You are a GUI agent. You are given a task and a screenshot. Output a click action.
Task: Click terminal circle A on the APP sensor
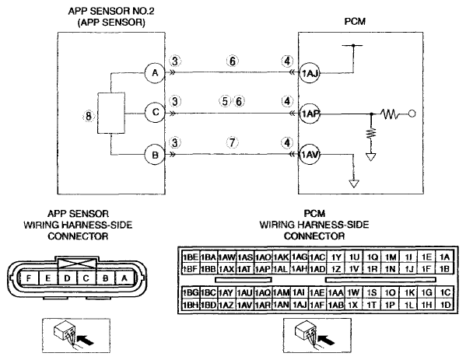[x=155, y=73]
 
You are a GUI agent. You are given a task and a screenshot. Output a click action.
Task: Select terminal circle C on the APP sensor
[x=155, y=113]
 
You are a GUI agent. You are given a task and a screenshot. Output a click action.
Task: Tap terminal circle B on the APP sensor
[x=155, y=155]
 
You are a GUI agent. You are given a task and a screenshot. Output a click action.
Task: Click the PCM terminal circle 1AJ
[x=310, y=73]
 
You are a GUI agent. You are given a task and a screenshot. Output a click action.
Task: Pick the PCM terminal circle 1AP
[x=310, y=114]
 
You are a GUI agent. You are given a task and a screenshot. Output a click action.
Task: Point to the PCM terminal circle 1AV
[x=310, y=155]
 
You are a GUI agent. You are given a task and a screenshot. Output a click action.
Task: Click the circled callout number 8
[x=88, y=116]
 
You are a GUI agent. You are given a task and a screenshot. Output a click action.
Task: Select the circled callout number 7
[x=232, y=142]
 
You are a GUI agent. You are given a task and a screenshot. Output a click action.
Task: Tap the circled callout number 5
[x=226, y=101]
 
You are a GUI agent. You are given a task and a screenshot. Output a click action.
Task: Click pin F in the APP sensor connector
[x=29, y=278]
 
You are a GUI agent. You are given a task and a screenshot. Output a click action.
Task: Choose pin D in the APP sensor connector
[x=68, y=278]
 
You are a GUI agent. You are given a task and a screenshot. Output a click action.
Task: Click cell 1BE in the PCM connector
[x=190, y=257]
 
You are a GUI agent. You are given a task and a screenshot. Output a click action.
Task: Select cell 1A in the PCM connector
[x=444, y=257]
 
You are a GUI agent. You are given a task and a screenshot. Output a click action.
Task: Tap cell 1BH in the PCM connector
[x=190, y=305]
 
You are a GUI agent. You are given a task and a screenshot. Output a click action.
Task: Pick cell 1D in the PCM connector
[x=446, y=305]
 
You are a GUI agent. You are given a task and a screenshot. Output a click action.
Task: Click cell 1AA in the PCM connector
[x=335, y=293]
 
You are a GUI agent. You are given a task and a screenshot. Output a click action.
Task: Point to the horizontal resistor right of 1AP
[x=391, y=114]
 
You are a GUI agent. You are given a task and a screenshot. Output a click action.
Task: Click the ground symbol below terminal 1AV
[x=354, y=183]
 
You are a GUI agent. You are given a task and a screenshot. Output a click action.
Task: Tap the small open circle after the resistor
[x=412, y=114]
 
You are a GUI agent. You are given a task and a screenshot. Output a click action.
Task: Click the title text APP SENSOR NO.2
[x=111, y=11]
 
